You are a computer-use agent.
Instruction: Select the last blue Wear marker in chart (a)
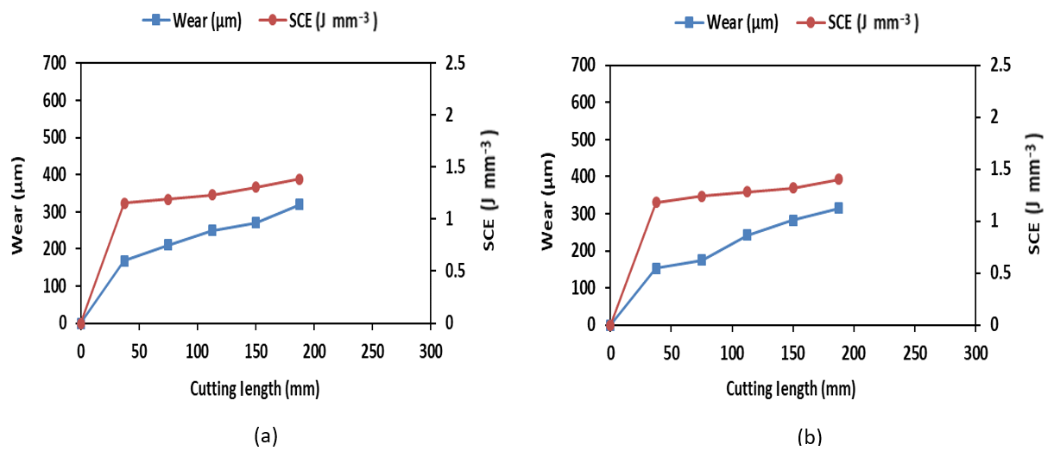(299, 204)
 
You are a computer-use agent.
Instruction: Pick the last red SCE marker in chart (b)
(837, 179)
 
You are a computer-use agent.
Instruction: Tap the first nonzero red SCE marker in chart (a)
(124, 203)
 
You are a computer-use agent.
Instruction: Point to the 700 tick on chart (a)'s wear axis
(54, 63)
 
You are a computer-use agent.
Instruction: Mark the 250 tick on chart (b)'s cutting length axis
(915, 353)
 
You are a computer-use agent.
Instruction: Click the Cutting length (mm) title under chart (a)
(255, 389)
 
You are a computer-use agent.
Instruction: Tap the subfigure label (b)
(809, 439)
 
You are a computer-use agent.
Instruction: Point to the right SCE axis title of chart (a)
(489, 191)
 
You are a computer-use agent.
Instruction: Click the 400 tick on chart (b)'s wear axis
(584, 176)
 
